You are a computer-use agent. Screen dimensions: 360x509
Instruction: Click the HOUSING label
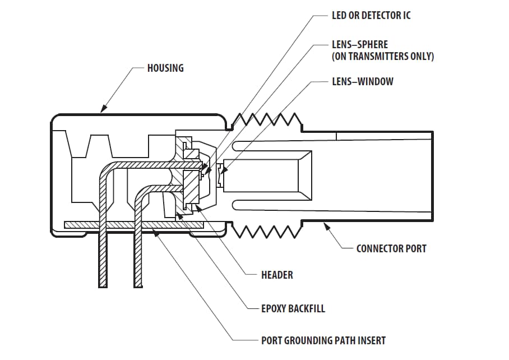165,68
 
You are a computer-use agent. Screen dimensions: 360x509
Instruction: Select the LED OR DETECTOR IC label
371,15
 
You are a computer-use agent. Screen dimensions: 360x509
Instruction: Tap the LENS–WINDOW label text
362,81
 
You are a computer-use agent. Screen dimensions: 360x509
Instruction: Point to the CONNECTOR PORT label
391,248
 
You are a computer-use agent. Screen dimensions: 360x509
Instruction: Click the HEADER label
277,275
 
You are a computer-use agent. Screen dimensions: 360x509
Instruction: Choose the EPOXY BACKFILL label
293,308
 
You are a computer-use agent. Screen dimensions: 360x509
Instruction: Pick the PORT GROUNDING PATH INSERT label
323,340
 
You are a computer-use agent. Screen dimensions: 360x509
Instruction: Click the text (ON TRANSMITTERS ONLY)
383,56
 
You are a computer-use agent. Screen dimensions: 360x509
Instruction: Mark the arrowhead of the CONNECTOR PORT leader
325,224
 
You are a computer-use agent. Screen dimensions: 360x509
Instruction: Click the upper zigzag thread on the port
264,119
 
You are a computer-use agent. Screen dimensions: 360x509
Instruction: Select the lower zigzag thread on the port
264,230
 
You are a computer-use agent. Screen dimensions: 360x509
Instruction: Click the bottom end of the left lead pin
103,285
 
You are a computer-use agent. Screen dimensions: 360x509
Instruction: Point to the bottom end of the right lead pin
138,285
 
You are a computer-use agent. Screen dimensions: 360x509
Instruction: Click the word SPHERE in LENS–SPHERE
372,44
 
